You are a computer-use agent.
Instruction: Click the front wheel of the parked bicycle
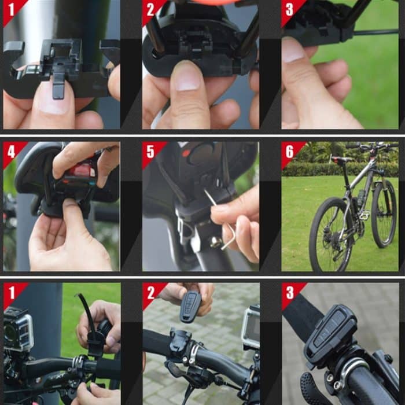tap(384, 213)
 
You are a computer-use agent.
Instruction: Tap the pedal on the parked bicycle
tap(364, 216)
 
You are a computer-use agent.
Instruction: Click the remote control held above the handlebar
tap(190, 305)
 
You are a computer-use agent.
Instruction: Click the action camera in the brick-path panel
tap(251, 327)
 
